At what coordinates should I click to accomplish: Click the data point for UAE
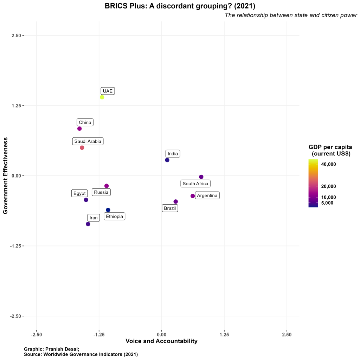[102, 97]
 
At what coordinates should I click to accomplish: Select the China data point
[79, 129]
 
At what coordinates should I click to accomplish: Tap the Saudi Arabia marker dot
[82, 148]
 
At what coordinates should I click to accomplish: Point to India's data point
[167, 160]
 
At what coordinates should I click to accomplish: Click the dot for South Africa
[201, 177]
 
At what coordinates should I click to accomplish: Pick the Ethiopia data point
[108, 210]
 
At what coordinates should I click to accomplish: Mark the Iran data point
[88, 224]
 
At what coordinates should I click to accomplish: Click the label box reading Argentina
[207, 195]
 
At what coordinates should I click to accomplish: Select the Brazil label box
[170, 208]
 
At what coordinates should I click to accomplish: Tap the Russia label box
[101, 192]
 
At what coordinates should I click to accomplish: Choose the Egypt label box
[79, 193]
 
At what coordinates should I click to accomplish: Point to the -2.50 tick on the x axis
[37, 334]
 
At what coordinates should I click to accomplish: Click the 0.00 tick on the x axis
[162, 334]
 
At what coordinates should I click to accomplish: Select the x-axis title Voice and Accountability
[161, 341]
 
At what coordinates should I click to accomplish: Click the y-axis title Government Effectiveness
[5, 176]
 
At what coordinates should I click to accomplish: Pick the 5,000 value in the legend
[327, 203]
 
